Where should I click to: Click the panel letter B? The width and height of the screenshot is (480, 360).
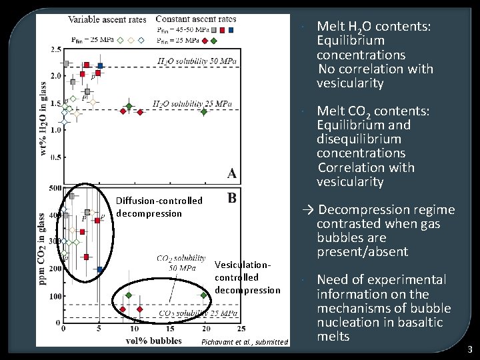[231, 198]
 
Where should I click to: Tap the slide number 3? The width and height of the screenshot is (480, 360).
[469, 349]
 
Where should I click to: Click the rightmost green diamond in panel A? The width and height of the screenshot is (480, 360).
[204, 111]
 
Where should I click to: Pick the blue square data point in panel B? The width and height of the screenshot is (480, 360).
[99, 269]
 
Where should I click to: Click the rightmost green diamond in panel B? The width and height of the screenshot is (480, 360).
[204, 295]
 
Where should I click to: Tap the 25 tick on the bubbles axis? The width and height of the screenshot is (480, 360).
[241, 329]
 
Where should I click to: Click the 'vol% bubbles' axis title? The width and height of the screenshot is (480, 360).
[154, 340]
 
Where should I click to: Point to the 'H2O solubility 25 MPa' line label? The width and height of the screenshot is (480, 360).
[192, 104]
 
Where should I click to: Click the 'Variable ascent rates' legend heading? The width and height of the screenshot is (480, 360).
[108, 19]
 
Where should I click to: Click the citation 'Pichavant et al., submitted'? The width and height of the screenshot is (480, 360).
[245, 342]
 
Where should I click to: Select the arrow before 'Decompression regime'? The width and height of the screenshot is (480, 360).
[308, 210]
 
